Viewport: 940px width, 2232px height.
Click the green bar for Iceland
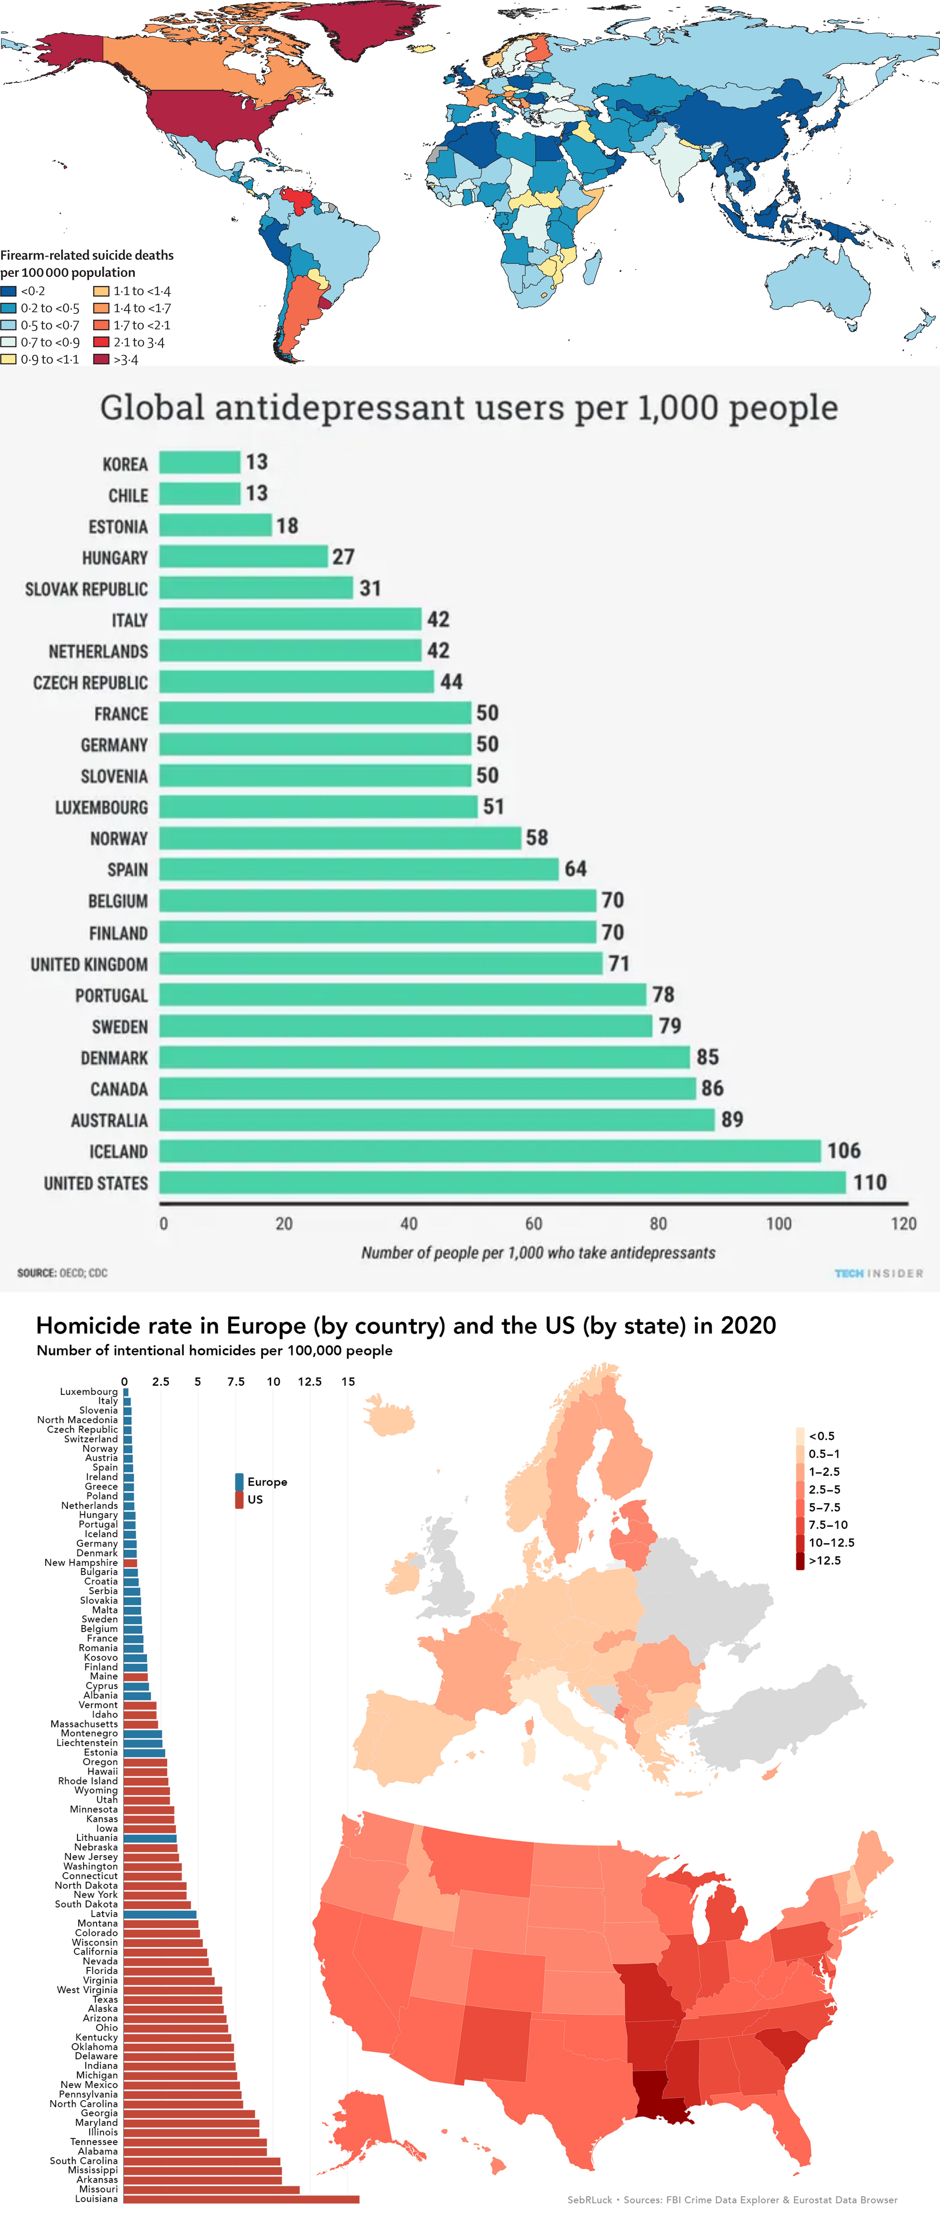tap(490, 1151)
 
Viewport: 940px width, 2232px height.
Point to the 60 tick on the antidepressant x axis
tap(534, 1223)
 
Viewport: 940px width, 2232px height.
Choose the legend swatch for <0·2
tap(9, 291)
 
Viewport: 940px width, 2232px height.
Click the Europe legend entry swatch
tap(239, 1482)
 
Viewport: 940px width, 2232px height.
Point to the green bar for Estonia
tap(215, 525)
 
